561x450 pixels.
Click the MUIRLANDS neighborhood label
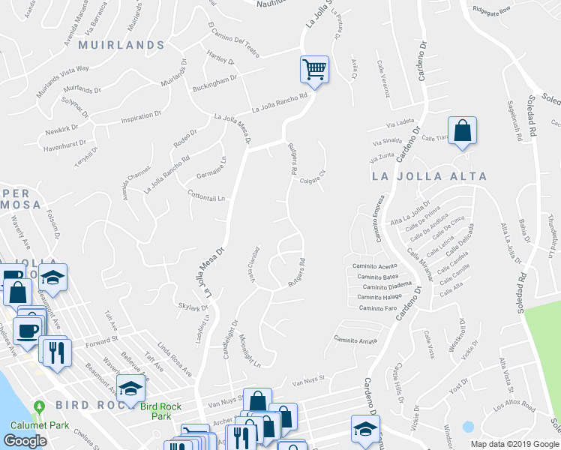pos(121,45)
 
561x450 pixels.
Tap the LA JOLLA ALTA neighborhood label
pos(429,176)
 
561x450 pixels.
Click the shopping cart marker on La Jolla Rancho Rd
pos(314,70)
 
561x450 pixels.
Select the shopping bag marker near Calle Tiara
pos(463,130)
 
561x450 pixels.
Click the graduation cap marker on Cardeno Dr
pos(365,428)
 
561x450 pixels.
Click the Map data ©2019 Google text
pos(514,443)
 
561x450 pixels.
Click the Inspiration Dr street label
pos(141,116)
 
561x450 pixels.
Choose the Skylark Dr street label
pos(193,307)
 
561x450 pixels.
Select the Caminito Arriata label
pos(355,339)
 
